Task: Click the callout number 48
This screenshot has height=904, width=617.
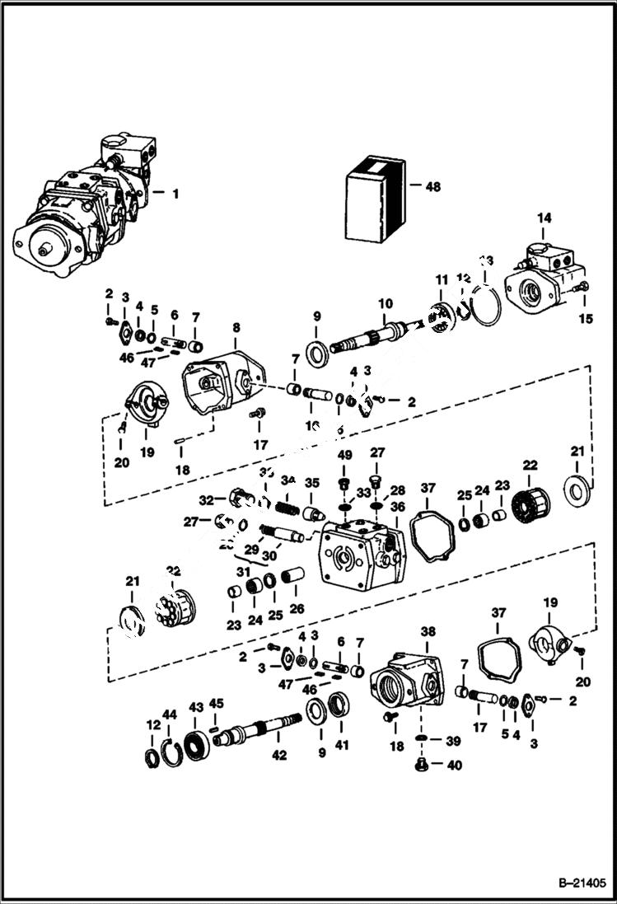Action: coord(432,187)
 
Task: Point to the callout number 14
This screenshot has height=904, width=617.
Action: coord(544,218)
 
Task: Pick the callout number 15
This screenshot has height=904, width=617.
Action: coord(587,320)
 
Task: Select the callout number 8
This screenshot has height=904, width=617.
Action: coord(236,328)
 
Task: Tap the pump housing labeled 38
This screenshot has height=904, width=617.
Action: coord(410,684)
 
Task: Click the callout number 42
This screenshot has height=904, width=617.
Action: coord(280,755)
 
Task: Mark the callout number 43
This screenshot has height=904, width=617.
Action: coord(196,707)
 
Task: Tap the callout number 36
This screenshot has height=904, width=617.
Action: coord(397,507)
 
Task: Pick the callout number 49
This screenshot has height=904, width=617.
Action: coord(344,455)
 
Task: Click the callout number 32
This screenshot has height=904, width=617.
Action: coord(206,499)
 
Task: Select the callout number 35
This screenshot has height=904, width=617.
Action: coord(312,482)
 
